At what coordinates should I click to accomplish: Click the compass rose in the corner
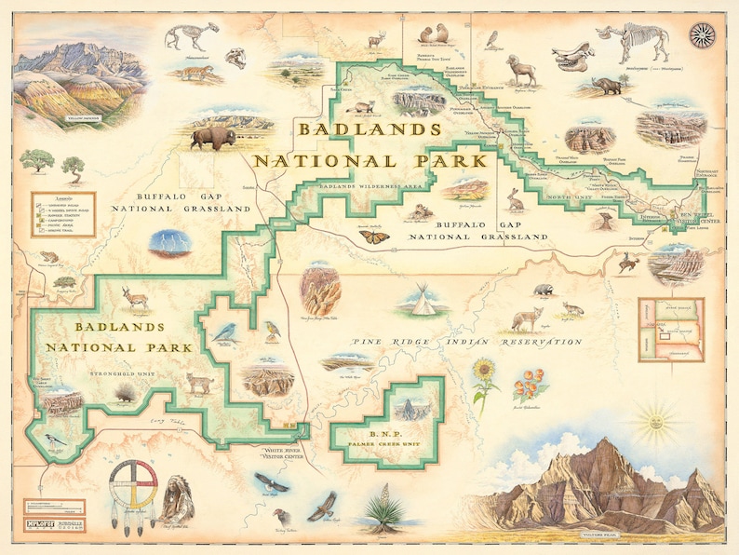[702, 35]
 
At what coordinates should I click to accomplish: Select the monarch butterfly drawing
[375, 237]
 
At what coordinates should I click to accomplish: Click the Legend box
[62, 213]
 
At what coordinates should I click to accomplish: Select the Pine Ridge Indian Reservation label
[466, 343]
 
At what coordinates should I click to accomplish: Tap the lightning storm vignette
[170, 242]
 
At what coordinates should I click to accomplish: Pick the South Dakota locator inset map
[670, 329]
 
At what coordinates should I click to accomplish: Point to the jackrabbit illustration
[514, 198]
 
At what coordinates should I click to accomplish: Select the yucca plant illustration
[383, 511]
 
